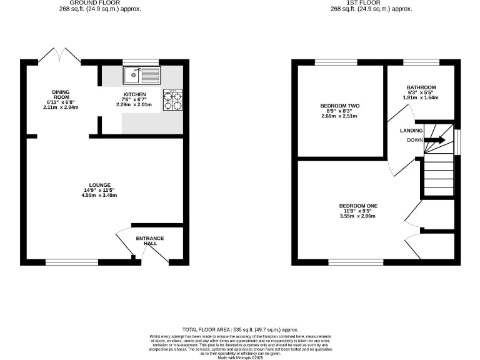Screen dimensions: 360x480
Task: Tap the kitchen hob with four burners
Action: click(172, 101)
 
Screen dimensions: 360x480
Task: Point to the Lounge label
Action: click(100, 185)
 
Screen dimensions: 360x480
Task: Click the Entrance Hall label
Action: click(150, 241)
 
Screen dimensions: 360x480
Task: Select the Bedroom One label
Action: click(358, 206)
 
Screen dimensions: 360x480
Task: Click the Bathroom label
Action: click(421, 87)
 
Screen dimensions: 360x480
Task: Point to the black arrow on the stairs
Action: click(436, 140)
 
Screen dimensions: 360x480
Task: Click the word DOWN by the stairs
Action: click(415, 140)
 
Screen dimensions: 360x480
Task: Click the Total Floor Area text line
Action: click(240, 329)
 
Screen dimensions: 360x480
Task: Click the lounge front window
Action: click(71, 261)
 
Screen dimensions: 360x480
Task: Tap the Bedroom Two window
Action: click(336, 62)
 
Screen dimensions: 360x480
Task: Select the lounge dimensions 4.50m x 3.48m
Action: click(100, 196)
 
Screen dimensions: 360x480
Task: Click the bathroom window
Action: click(421, 62)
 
